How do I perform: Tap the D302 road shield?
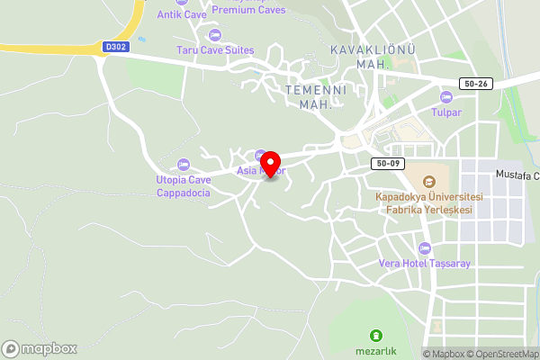coord(116,46)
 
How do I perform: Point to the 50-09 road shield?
coord(388,164)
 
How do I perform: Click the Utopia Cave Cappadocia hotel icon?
coord(184,164)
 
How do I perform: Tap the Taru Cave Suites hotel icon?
coord(214,35)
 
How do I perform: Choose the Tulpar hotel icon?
coord(445,96)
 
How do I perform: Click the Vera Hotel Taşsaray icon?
coord(425,247)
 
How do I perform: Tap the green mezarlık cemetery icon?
coord(376,335)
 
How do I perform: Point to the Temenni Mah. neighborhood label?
coord(308,96)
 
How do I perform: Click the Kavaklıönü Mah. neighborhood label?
coord(372,57)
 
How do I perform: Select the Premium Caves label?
coord(248,10)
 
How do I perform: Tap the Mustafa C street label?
coord(517,174)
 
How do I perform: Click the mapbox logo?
coord(40,348)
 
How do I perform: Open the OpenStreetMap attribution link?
coord(501,354)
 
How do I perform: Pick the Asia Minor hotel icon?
coord(260,154)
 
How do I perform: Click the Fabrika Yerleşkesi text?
coord(428,210)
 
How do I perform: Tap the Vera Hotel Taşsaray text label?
coord(425,264)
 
